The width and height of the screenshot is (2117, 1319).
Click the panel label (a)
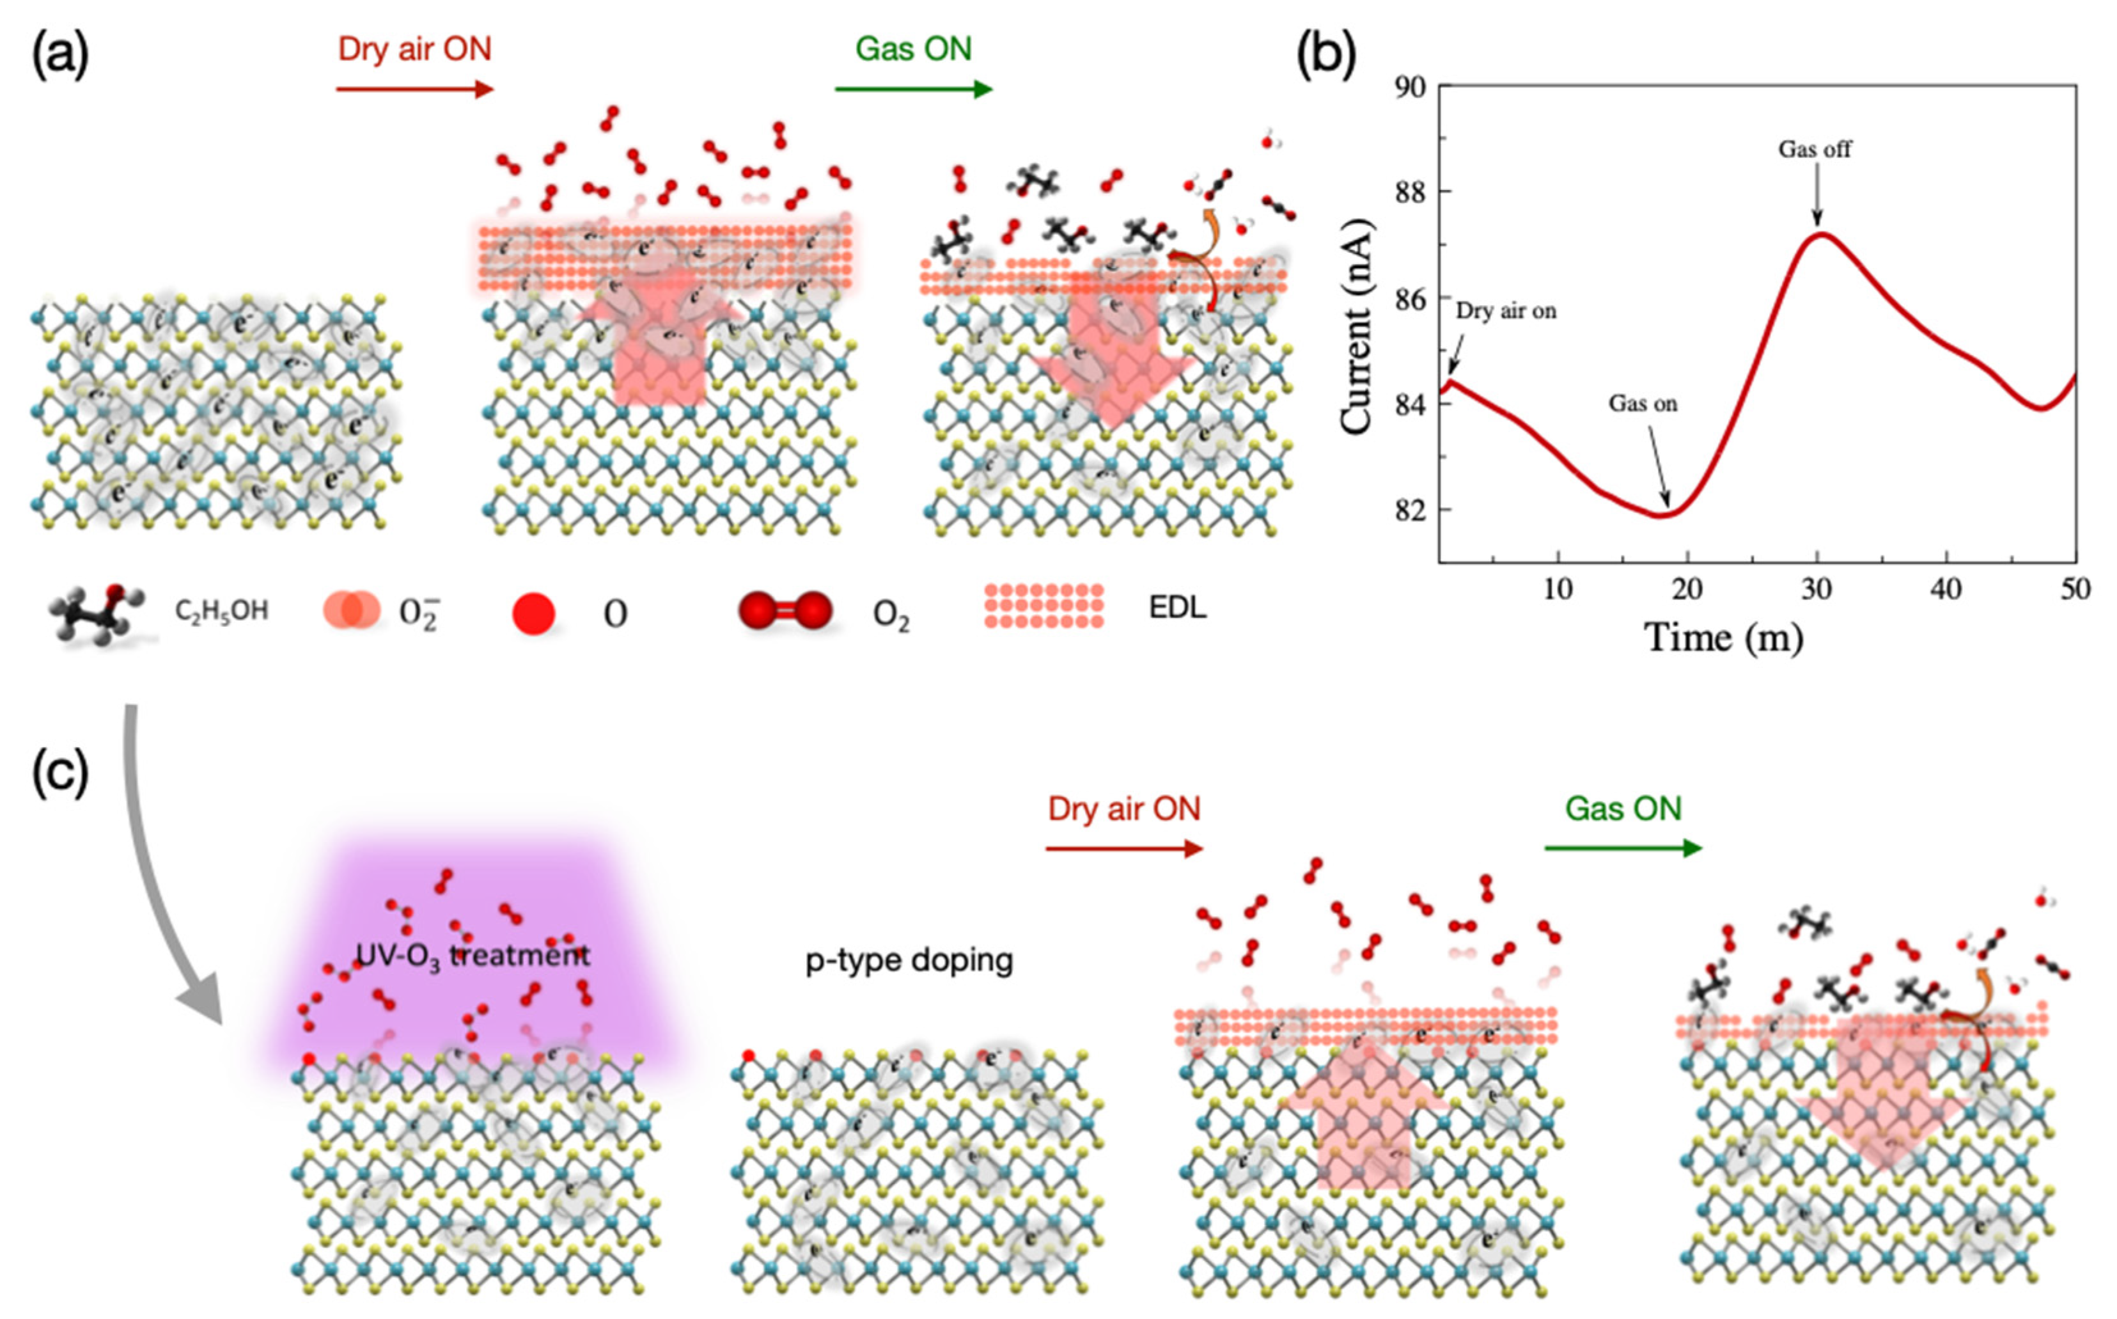pos(59,55)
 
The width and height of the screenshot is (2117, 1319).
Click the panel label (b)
pos(1325,55)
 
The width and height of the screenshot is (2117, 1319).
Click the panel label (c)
pos(59,773)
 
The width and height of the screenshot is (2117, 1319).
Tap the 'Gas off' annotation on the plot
pos(1815,149)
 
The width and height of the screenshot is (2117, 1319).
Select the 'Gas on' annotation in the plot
pos(1643,403)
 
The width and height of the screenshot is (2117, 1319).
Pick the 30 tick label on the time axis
pos(1816,590)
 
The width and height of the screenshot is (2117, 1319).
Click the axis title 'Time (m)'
pos(1723,638)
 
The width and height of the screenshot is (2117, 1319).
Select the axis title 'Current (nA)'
pos(1357,326)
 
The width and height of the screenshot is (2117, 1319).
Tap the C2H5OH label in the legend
pos(221,611)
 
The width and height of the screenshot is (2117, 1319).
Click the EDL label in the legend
pos(1177,607)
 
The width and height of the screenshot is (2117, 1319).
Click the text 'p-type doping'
pos(909,960)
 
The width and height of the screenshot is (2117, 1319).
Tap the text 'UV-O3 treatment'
pos(473,954)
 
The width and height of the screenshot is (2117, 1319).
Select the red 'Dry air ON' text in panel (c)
pos(1124,809)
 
